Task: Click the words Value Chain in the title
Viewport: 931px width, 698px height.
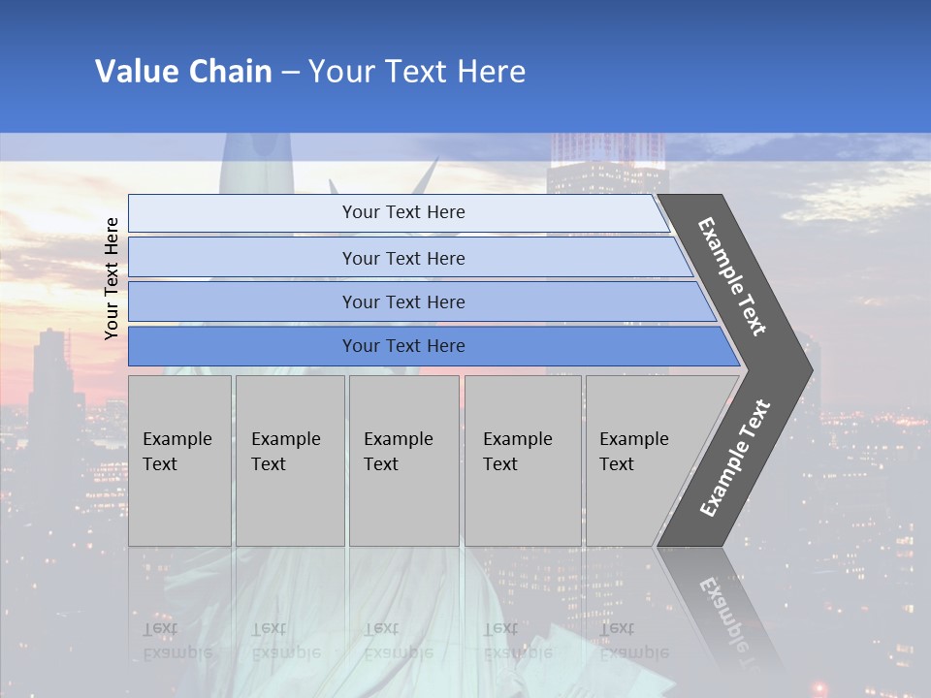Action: tap(183, 72)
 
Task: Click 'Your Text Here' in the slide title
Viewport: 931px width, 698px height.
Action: tap(417, 72)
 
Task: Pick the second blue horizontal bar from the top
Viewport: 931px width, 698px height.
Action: tap(403, 258)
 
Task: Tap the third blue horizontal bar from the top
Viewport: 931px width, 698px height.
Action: tap(403, 301)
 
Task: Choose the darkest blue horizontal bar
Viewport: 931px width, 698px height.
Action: tap(403, 346)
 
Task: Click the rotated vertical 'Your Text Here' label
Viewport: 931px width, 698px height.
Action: tap(112, 278)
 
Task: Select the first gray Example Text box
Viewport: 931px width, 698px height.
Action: tap(179, 460)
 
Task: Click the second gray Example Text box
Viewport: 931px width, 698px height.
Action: tap(289, 460)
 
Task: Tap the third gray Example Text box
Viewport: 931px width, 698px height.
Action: tap(403, 460)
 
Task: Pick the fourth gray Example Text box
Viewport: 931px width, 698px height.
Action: tap(522, 460)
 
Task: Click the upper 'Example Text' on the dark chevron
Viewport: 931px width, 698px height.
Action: tap(732, 276)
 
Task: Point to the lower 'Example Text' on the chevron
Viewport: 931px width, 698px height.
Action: tap(734, 458)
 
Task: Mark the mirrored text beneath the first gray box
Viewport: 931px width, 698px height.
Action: tap(177, 640)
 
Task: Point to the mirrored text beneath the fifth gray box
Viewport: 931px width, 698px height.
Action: tap(633, 640)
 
